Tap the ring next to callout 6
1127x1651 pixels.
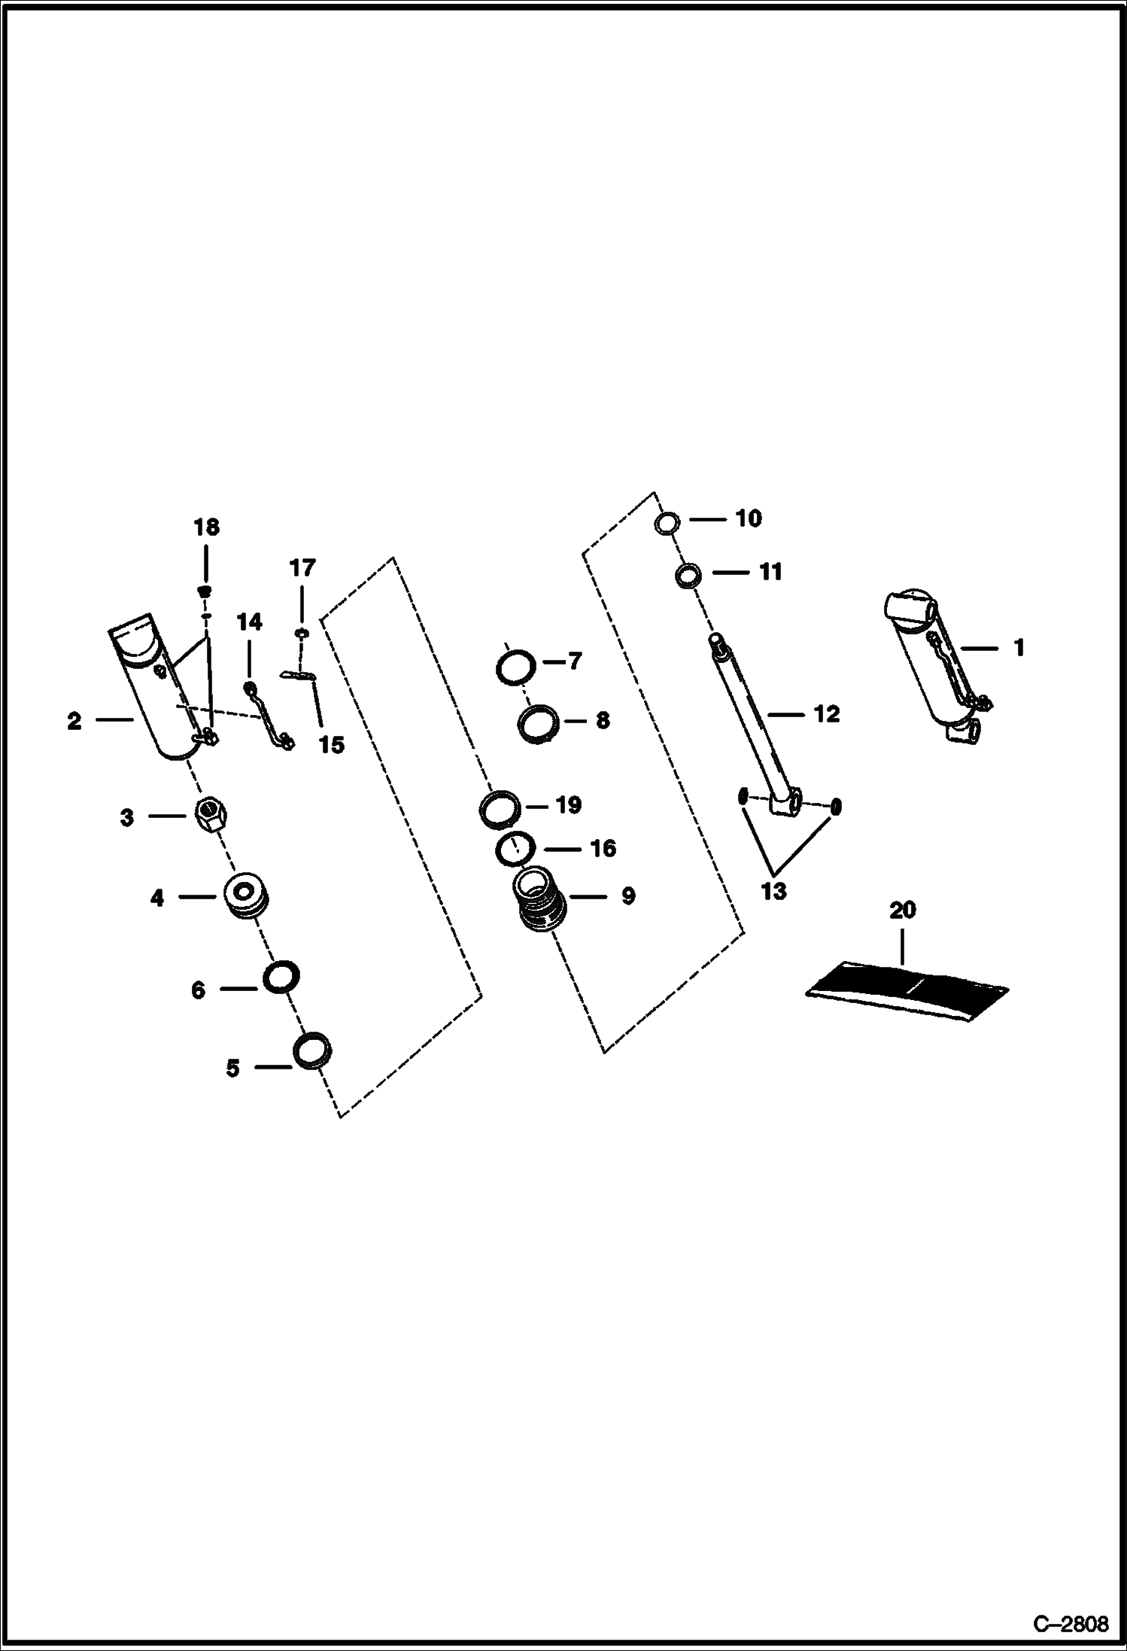[281, 977]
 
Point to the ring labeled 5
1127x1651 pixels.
[312, 1050]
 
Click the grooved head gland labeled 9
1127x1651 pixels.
[541, 899]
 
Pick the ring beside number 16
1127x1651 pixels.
[515, 850]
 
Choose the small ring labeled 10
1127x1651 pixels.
[667, 522]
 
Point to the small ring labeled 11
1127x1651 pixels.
[688, 576]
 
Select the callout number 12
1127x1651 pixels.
[826, 713]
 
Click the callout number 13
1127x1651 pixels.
[773, 891]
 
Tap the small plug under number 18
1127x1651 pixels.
[205, 588]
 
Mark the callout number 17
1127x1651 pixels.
[302, 568]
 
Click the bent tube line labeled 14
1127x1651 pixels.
[268, 715]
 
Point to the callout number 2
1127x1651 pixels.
[74, 721]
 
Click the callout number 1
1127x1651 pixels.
[1019, 648]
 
